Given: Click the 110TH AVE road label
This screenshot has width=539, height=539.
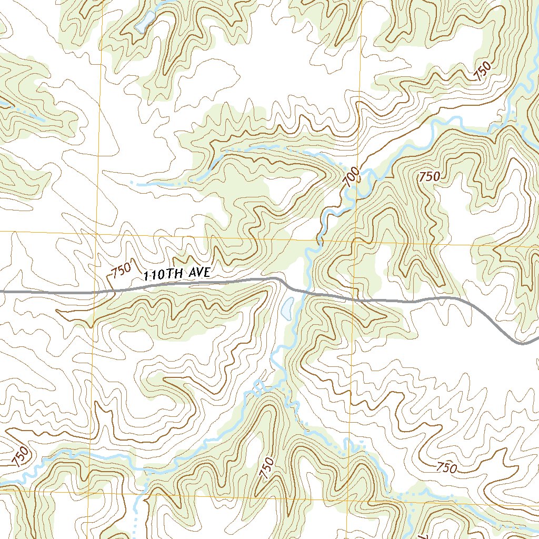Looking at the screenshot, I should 177,274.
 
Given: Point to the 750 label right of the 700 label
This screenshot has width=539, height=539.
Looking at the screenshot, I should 429,177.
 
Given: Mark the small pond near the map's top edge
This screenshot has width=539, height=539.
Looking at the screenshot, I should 144,22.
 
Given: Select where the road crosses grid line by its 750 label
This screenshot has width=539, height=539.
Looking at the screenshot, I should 96,291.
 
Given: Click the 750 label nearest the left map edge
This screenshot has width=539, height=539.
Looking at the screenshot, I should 19,456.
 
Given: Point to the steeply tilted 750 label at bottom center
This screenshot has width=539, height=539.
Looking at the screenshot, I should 267,467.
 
